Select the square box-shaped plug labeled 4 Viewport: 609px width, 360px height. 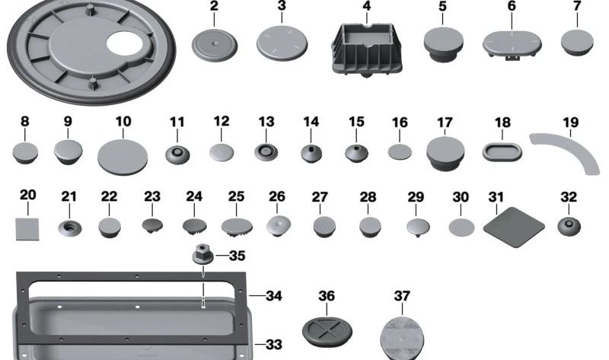click(x=367, y=49)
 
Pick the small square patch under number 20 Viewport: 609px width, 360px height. click(x=28, y=226)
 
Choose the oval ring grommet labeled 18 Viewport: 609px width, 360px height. click(x=502, y=151)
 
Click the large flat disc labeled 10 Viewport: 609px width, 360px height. click(x=123, y=156)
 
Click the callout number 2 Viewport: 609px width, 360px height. click(x=214, y=7)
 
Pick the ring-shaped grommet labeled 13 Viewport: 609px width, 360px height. click(x=266, y=151)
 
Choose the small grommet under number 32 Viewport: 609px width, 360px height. click(x=568, y=226)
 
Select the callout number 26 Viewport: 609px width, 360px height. click(x=277, y=196)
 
